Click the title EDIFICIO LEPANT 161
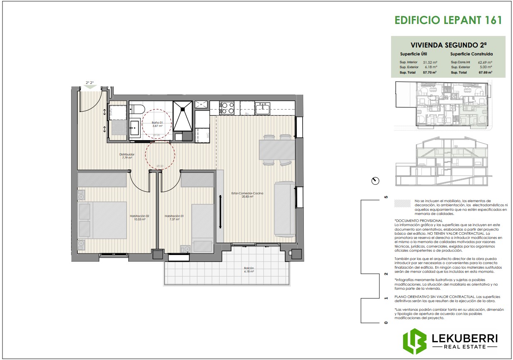pos(448,21)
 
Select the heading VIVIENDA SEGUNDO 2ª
pos(448,45)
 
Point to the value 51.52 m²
pos(430,62)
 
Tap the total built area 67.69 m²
pos(485,72)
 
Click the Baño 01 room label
pos(157,124)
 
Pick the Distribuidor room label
pos(127,156)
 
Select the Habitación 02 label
pos(139,217)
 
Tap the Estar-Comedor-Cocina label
pos(248,195)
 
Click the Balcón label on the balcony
pos(248,270)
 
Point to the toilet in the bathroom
pos(136,109)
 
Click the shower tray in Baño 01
pos(182,115)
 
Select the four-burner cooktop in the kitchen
pos(227,108)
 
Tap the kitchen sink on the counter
pos(262,109)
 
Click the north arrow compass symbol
pos(375,181)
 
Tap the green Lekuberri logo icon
pos(415,341)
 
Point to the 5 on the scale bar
pos(386,197)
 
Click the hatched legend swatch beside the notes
pos(403,203)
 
